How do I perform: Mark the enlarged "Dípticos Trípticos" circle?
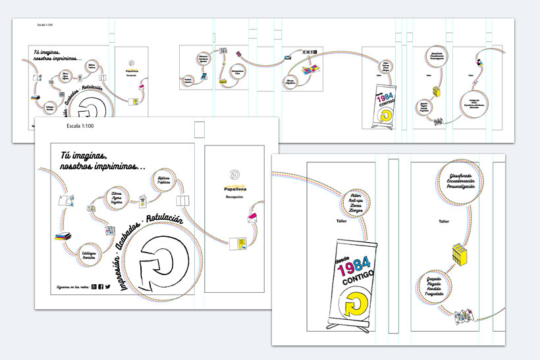tap(165, 181)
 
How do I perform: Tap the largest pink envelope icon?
tap(253, 218)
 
